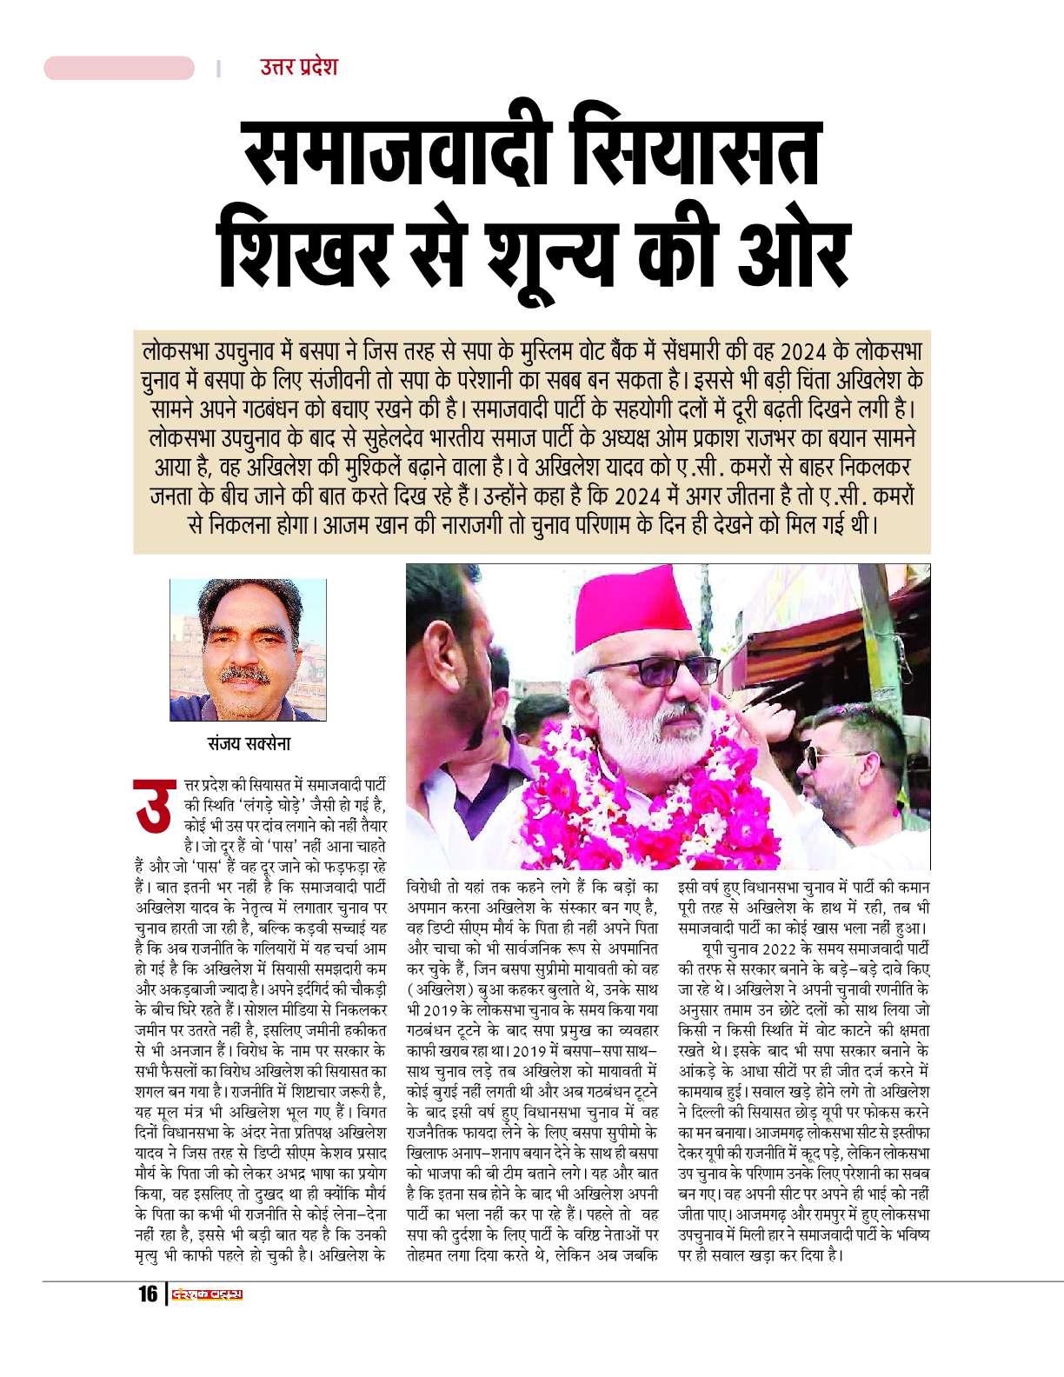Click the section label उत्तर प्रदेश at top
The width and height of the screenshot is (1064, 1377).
298,67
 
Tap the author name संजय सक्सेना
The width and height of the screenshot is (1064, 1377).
248,745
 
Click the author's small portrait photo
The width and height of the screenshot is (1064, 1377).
248,649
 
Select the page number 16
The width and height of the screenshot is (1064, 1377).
148,1294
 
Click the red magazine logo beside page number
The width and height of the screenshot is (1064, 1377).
207,1294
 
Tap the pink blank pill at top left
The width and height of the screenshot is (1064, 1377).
119,68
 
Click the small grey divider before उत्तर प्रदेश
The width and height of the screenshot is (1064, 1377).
219,68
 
